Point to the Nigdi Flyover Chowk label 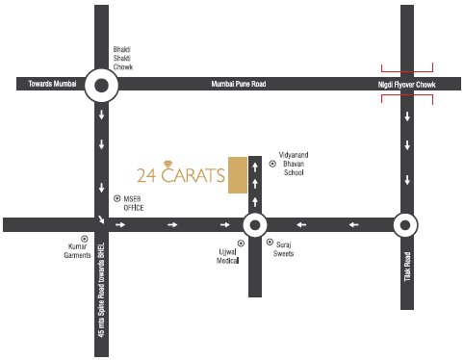405,86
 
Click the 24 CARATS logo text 181,175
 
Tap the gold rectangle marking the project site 237,174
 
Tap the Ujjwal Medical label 226,255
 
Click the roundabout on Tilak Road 405,225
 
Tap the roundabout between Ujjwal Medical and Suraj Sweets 253,225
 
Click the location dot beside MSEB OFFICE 116,198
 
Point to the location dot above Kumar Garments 84,238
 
